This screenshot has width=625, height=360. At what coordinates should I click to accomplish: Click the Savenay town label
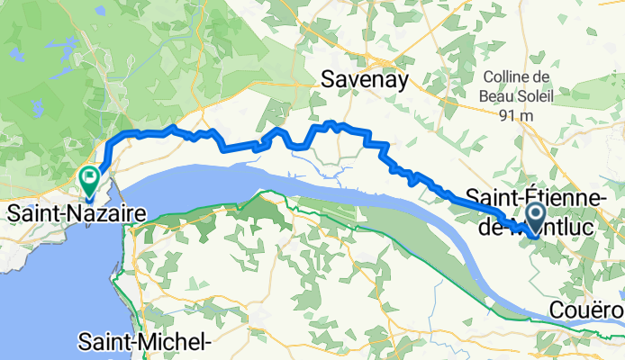coord(365,81)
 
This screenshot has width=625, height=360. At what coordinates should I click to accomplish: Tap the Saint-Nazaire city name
coord(77,215)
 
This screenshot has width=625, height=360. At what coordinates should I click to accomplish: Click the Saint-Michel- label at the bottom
coord(144,342)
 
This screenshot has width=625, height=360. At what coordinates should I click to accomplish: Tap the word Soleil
coord(548,96)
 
